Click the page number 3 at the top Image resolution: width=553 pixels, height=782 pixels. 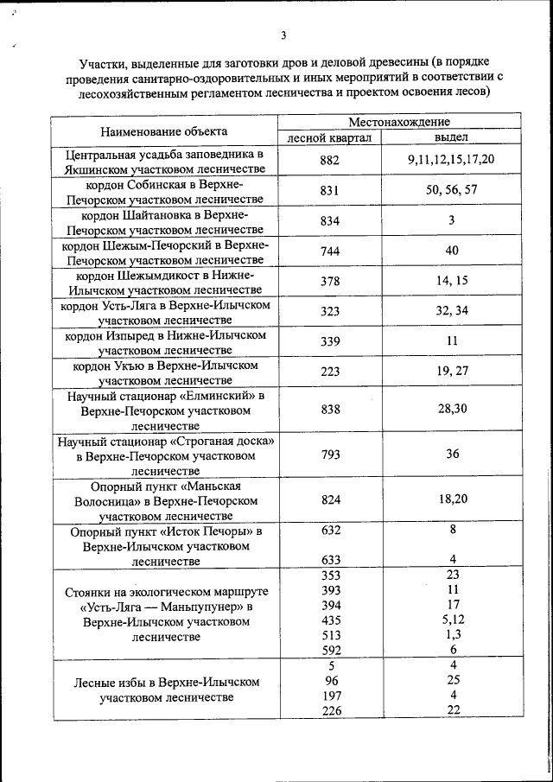tap(283, 35)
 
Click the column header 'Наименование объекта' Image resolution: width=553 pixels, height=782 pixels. tap(164, 131)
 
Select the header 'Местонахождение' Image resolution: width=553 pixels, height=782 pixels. tap(399, 123)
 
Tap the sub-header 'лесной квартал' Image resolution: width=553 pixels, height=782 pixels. tap(329, 138)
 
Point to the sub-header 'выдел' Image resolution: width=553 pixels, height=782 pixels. tap(451, 138)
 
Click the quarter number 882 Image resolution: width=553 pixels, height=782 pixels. tap(330, 160)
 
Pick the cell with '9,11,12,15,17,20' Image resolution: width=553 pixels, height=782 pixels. tap(451, 160)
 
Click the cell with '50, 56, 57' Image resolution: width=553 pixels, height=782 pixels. tap(451, 190)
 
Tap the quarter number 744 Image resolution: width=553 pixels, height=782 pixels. tap(330, 251)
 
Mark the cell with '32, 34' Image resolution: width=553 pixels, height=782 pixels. tap(451, 310)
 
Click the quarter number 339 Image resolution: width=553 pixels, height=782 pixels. tap(330, 341)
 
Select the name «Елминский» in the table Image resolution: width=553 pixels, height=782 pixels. tap(217, 396)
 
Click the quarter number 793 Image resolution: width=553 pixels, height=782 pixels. tap(330, 455)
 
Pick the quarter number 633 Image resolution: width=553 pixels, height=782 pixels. tap(330, 560)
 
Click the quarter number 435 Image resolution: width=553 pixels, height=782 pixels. tap(330, 620)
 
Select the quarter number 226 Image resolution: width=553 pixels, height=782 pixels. tap(330, 710)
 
